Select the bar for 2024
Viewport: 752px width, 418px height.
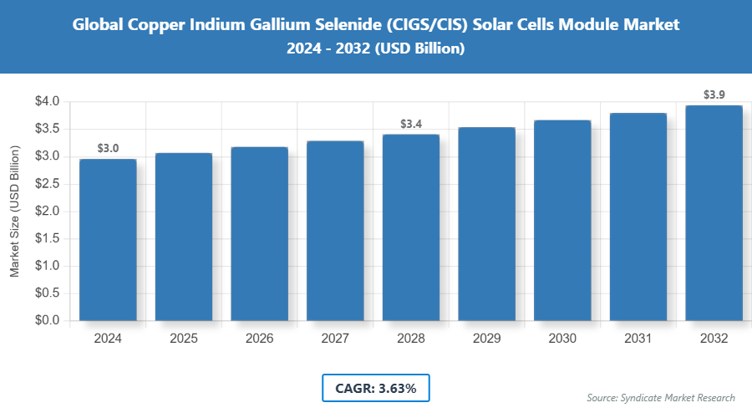coord(108,239)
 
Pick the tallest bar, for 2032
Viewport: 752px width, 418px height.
coord(714,212)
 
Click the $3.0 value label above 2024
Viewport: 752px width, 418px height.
coord(108,148)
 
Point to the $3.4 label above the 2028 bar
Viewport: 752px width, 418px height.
coord(411,124)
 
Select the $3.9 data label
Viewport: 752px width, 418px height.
coord(714,95)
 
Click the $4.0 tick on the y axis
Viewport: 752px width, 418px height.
coord(47,102)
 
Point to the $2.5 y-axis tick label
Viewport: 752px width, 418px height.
coord(47,184)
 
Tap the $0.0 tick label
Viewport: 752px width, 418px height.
coord(47,320)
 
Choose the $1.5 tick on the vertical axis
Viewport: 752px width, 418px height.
coord(47,238)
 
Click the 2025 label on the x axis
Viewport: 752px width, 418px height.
coord(184,339)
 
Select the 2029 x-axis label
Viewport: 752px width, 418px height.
coord(486,339)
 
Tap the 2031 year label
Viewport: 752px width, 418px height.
coord(638,339)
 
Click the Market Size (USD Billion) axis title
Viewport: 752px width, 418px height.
coord(14,211)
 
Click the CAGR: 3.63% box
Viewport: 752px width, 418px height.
coord(375,388)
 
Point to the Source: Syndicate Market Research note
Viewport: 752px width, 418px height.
coord(660,398)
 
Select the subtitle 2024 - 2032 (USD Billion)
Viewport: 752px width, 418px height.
coord(375,49)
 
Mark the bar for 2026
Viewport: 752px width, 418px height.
coord(259,233)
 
